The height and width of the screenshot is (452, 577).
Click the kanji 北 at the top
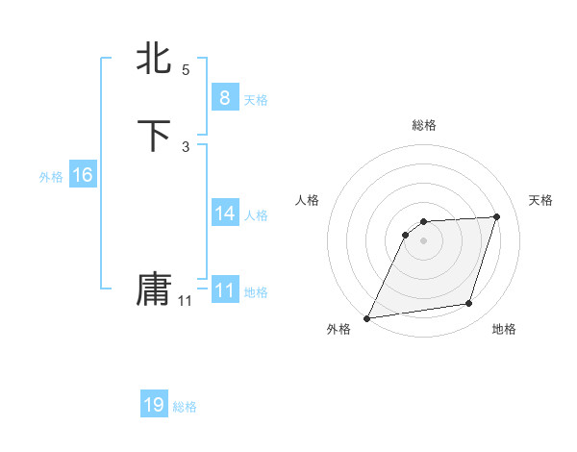click(154, 58)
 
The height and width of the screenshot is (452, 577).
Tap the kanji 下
click(154, 136)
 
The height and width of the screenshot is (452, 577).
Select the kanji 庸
click(154, 289)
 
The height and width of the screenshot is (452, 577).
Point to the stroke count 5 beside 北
click(186, 70)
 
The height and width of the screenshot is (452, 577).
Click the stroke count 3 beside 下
click(186, 147)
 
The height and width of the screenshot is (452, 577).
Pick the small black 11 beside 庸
click(185, 301)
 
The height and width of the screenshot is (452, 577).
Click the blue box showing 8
click(224, 97)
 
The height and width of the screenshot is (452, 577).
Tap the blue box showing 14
click(224, 213)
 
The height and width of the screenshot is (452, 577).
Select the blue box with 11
click(224, 289)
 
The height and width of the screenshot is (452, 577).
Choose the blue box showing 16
click(83, 175)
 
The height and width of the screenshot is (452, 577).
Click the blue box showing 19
click(154, 405)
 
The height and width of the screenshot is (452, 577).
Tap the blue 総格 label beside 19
click(185, 407)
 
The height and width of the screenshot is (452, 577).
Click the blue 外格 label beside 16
click(51, 177)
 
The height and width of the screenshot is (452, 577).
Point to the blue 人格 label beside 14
click(256, 214)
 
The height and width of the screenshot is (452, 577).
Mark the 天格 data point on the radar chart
click(497, 216)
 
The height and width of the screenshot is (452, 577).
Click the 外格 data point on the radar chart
click(367, 318)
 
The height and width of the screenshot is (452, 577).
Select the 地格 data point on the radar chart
click(469, 304)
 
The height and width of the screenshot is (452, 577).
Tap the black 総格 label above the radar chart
click(423, 125)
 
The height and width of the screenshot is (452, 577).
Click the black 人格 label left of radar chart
click(307, 200)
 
